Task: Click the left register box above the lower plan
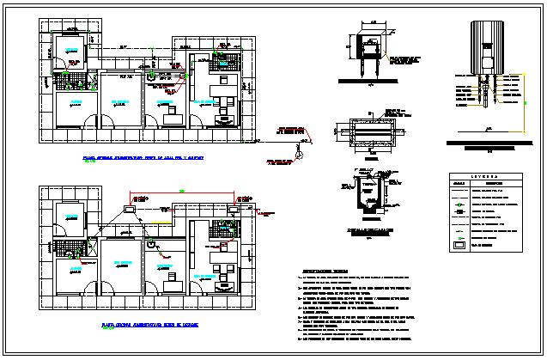[x=131, y=208]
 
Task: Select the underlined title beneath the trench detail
[x=370, y=230]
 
